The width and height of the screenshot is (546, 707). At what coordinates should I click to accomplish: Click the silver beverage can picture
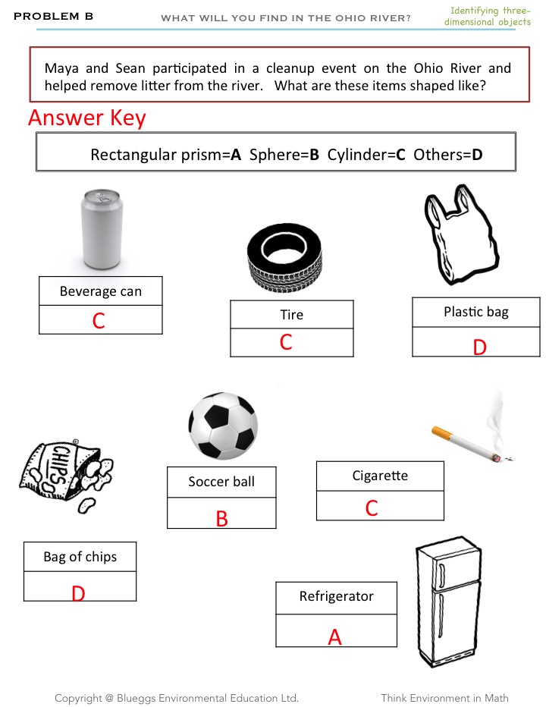click(101, 229)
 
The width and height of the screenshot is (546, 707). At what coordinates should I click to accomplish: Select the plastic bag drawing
click(460, 238)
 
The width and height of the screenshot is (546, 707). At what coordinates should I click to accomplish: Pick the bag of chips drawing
click(66, 476)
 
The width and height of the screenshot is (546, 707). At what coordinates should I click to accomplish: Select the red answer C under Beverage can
click(99, 321)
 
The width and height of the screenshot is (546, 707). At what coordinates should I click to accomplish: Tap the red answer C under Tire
click(286, 343)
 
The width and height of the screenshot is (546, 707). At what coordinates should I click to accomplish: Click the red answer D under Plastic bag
click(479, 347)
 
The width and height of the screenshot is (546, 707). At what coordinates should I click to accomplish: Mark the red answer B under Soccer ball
click(222, 519)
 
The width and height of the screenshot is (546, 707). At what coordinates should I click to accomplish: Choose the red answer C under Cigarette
click(372, 508)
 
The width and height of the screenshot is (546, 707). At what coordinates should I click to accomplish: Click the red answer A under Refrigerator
click(334, 638)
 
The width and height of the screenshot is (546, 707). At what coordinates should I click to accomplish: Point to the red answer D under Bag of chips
click(78, 594)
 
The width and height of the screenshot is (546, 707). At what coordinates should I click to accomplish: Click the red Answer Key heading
click(86, 118)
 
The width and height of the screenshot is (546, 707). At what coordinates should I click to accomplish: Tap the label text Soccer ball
click(221, 482)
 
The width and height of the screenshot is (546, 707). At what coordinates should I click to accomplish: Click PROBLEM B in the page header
click(53, 16)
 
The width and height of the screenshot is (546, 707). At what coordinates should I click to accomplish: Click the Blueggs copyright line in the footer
click(176, 698)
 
